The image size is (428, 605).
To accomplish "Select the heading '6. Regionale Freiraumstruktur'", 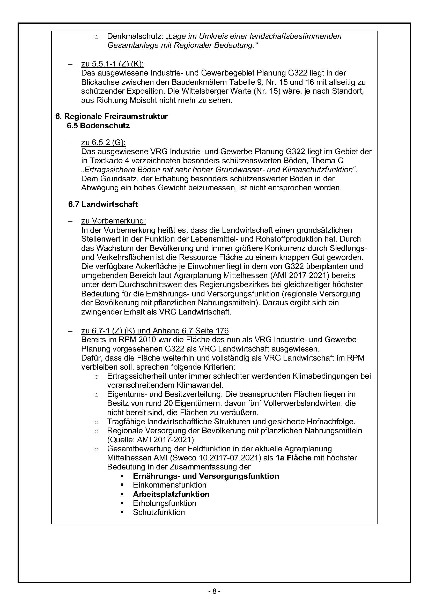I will click(x=112, y=116).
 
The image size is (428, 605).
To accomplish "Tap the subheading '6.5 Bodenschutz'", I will click(x=98, y=126).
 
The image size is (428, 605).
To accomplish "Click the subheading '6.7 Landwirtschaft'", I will click(x=103, y=204).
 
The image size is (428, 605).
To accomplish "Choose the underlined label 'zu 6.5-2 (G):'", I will click(x=103, y=143).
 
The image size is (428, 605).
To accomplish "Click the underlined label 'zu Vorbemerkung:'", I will click(x=114, y=221).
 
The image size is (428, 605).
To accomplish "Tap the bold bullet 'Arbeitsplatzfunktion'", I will click(x=171, y=494).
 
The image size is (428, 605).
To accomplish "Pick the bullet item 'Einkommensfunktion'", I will click(x=169, y=485).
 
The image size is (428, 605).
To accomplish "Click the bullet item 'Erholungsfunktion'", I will click(x=165, y=503).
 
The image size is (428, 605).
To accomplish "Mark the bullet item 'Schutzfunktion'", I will click(x=159, y=512).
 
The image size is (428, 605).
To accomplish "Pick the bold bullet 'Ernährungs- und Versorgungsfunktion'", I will click(x=206, y=476).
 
